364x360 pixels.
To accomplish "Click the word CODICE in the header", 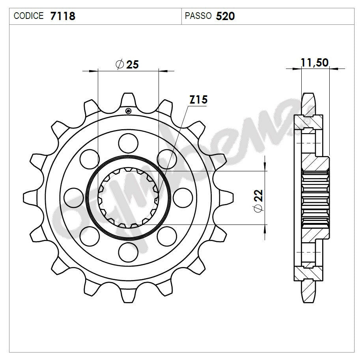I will pyautogui.click(x=28, y=16).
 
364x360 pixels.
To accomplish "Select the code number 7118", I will pyautogui.click(x=63, y=16).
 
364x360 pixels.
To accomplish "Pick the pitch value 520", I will pyautogui.click(x=226, y=16).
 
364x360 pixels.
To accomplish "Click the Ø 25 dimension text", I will pyautogui.click(x=127, y=65).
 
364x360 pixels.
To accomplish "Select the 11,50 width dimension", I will pyautogui.click(x=314, y=63).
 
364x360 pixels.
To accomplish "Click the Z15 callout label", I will pyautogui.click(x=198, y=100).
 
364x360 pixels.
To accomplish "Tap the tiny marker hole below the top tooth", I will pyautogui.click(x=128, y=111).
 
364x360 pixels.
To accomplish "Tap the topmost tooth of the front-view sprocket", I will pyautogui.click(x=128, y=100).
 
